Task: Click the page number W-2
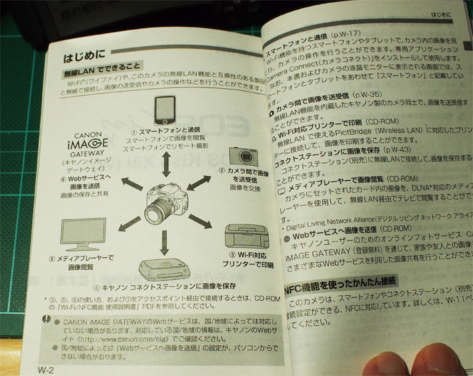point(47,369)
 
